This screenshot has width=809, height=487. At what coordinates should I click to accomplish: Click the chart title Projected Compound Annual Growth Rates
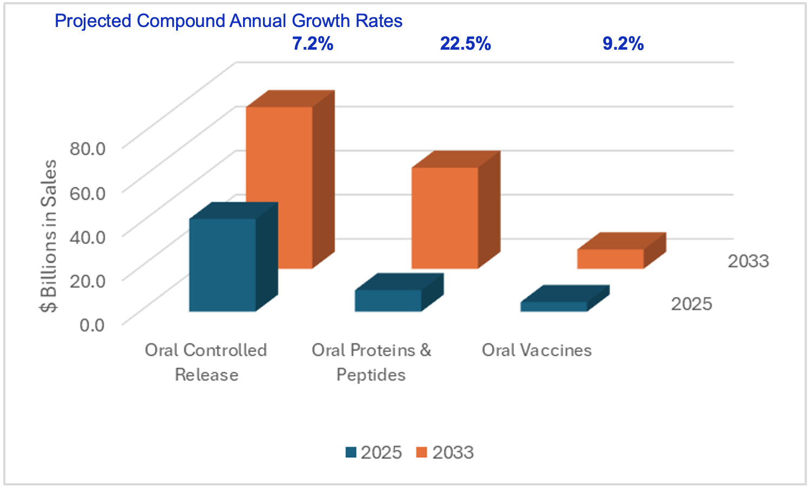(x=228, y=21)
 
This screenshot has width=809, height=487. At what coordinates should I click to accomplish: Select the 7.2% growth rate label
(x=313, y=44)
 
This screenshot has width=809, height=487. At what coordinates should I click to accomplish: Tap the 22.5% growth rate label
(x=466, y=44)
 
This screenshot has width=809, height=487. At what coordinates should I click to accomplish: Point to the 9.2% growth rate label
(x=623, y=44)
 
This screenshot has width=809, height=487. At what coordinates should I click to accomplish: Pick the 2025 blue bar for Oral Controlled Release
(x=223, y=265)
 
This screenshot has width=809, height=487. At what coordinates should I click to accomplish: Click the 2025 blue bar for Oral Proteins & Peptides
(x=388, y=300)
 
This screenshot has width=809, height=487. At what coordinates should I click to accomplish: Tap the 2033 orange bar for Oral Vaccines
(x=610, y=259)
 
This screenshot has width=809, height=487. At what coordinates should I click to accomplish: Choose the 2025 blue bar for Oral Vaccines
(x=554, y=306)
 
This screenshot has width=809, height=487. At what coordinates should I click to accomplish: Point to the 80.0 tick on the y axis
(x=87, y=148)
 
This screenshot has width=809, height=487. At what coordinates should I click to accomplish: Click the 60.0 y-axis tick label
(x=87, y=192)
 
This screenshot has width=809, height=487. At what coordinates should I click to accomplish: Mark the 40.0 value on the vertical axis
(x=87, y=236)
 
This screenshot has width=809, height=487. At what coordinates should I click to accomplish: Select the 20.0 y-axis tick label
(x=87, y=280)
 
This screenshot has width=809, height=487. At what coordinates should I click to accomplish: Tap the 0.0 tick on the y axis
(x=92, y=324)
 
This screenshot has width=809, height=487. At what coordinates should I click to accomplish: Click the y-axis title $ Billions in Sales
(x=49, y=236)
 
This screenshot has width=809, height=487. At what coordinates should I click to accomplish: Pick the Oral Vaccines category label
(x=537, y=350)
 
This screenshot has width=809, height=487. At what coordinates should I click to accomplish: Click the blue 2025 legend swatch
(x=351, y=452)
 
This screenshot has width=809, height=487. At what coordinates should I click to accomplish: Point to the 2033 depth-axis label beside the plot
(x=748, y=261)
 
